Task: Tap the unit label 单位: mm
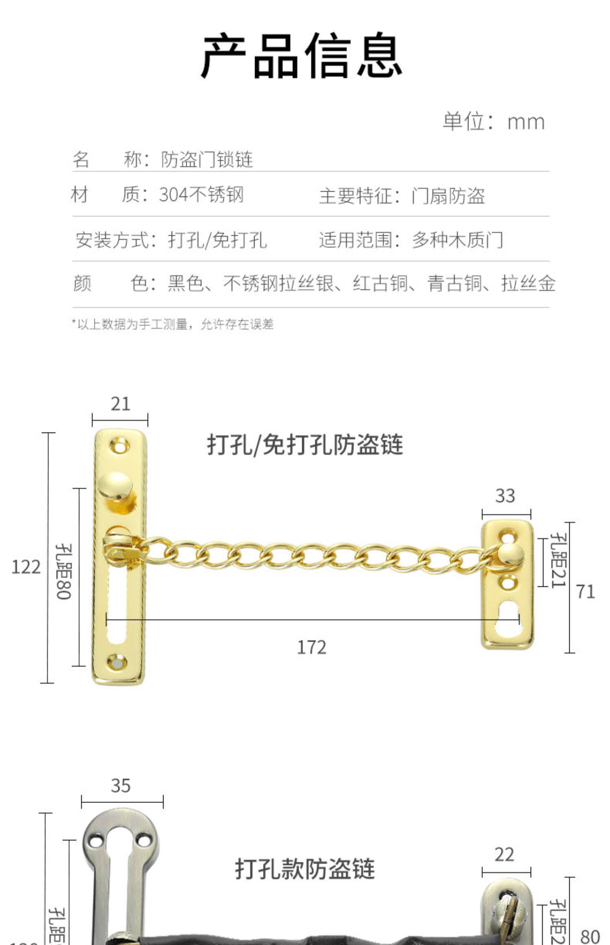pyautogui.click(x=493, y=122)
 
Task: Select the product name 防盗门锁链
pyautogui.click(x=207, y=160)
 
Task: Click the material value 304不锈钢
pyautogui.click(x=201, y=195)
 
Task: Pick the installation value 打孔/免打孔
pyautogui.click(x=217, y=240)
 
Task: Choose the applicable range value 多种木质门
pyautogui.click(x=457, y=240)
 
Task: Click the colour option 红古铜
pyautogui.click(x=380, y=283)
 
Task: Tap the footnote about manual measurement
pyautogui.click(x=173, y=324)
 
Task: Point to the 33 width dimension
pyautogui.click(x=505, y=496)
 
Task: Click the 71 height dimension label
pyautogui.click(x=585, y=591)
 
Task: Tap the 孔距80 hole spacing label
pyautogui.click(x=64, y=571)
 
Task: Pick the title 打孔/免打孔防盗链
pyautogui.click(x=305, y=444)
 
